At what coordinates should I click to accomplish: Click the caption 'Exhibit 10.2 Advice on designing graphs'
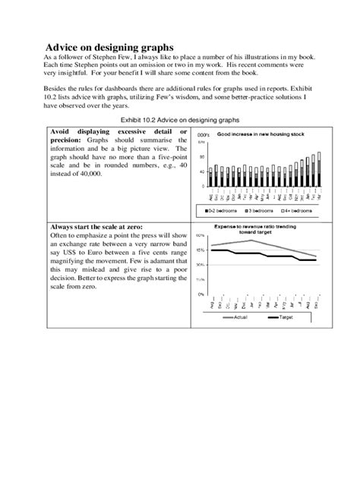(x=180, y=120)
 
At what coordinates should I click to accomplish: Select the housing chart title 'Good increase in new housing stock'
(x=261, y=134)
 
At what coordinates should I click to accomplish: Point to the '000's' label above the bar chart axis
(x=204, y=134)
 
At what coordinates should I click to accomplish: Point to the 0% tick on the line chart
(x=200, y=294)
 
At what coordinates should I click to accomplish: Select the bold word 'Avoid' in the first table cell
(x=62, y=131)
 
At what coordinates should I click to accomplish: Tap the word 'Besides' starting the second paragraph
(x=57, y=89)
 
